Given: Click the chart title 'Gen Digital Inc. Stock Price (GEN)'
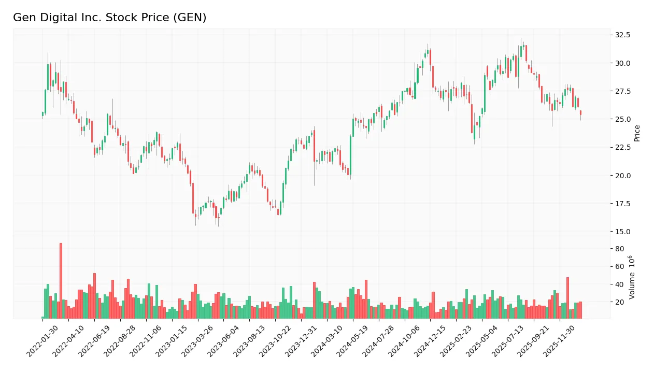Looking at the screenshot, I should point(109,18).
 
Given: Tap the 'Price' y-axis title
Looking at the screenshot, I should point(637,133).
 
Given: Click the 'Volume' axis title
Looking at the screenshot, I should point(632,277).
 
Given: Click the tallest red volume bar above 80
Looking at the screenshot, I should point(61,280).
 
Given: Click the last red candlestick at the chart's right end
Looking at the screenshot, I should point(580,112).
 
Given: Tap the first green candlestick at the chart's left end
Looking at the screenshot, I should point(42,114).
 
